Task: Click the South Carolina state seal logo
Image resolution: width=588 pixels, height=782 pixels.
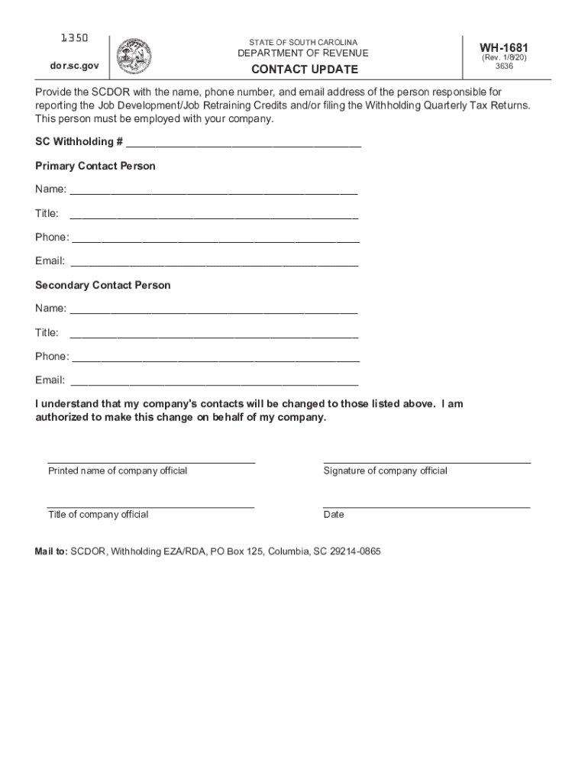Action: (x=134, y=55)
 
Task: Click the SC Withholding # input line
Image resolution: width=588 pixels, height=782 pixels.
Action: (x=244, y=144)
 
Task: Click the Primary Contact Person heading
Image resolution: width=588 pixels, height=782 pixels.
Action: (x=95, y=166)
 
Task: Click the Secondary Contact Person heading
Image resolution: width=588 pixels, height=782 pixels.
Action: (x=103, y=285)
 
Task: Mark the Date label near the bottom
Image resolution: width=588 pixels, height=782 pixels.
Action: (x=334, y=515)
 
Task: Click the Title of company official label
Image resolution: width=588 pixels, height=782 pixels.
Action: (x=99, y=515)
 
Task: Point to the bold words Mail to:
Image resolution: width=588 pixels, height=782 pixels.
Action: (x=51, y=551)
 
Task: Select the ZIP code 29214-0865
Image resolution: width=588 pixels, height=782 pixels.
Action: (x=355, y=551)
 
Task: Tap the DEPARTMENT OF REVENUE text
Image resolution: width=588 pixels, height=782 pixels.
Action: (x=302, y=53)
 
